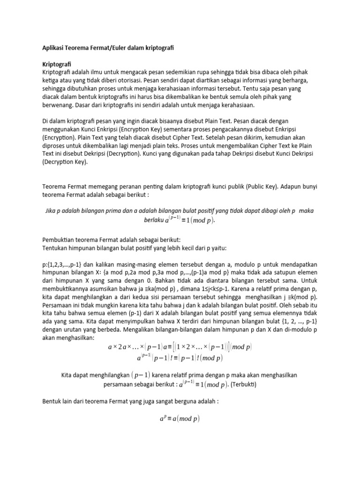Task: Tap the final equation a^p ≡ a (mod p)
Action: pos(180,418)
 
